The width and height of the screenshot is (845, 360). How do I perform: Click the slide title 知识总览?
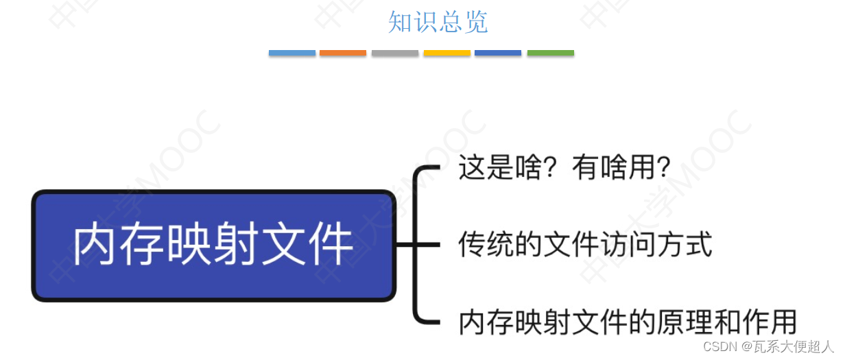[438, 22]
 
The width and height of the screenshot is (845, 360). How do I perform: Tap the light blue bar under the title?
[292, 53]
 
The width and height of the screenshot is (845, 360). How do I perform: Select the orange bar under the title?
[343, 53]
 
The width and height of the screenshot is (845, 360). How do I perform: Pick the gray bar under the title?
[395, 53]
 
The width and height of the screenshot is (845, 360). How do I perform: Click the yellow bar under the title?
[447, 53]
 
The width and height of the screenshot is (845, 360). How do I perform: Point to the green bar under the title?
[550, 53]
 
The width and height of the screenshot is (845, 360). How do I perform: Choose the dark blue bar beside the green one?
[498, 53]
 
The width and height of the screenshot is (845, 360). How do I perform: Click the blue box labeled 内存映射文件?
[213, 245]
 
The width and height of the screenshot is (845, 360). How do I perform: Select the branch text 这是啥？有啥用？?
[564, 168]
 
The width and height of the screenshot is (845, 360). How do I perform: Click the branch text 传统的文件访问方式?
[585, 245]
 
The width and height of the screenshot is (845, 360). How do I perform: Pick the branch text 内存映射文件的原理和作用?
[628, 322]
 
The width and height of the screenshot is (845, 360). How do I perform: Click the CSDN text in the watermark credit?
[715, 347]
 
